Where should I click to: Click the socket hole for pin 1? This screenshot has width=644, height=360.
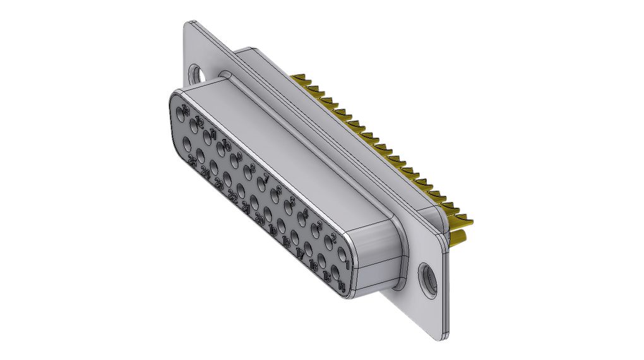pos(343,256)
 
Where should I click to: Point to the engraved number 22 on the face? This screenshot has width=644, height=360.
pos(232,197)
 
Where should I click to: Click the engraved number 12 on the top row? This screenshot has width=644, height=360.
pos(200,121)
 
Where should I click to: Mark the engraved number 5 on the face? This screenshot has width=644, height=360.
pos(291,201)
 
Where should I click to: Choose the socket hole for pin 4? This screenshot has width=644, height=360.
pos(302,220)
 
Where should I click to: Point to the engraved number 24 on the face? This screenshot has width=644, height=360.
pos(205,172)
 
